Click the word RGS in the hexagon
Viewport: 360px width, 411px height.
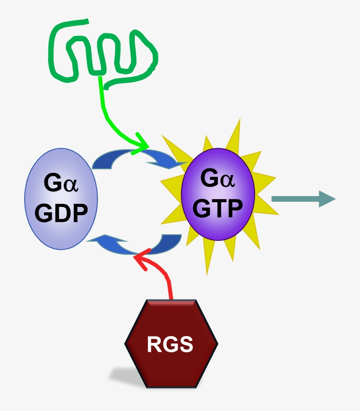pyautogui.click(x=170, y=344)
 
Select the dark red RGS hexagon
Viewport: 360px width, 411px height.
pyautogui.click(x=171, y=325)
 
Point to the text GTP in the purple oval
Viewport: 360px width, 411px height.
pyautogui.click(x=218, y=208)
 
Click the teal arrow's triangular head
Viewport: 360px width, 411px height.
pyautogui.click(x=327, y=199)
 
